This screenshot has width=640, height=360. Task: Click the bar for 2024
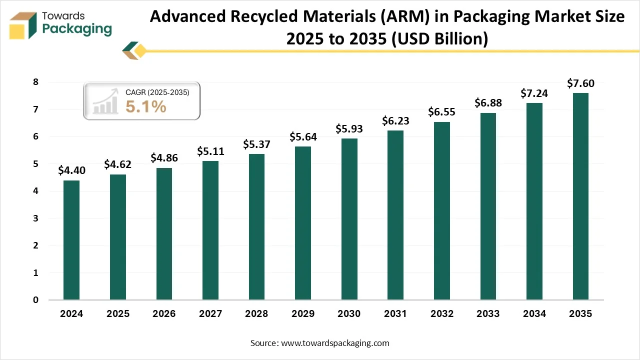click(x=71, y=240)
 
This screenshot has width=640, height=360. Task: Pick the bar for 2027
click(x=210, y=230)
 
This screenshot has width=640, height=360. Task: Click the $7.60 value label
click(x=580, y=83)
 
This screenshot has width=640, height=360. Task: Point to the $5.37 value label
click(x=256, y=144)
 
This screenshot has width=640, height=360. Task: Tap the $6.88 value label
click(x=488, y=103)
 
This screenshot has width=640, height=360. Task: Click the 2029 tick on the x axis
click(x=303, y=313)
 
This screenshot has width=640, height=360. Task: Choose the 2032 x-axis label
click(x=441, y=313)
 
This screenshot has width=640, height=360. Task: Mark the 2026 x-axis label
click(x=164, y=313)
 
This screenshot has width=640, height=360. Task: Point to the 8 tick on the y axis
click(x=35, y=82)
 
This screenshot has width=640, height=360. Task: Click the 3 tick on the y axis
click(x=35, y=218)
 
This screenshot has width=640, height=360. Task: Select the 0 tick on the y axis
click(x=35, y=300)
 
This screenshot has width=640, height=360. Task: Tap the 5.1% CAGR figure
click(x=145, y=106)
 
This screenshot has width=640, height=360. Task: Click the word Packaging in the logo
click(x=77, y=29)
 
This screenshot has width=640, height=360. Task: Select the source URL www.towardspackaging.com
click(x=335, y=343)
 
